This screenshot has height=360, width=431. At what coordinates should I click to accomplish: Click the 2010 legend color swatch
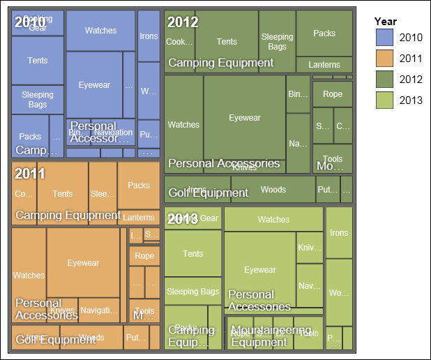coord(385,37)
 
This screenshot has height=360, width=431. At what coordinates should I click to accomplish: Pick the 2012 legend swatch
coord(385,80)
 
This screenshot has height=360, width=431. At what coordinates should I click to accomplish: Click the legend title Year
coord(386,21)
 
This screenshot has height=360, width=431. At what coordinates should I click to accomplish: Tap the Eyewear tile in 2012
coord(244,117)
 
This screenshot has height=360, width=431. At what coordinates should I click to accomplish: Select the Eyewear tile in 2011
coord(83,262)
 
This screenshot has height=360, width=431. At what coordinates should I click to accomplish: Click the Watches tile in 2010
coord(100,30)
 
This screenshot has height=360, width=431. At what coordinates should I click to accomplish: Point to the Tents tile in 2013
coord(192,253)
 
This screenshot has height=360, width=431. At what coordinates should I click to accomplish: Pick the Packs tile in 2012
coord(324,33)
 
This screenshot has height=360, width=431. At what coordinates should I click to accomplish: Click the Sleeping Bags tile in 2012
coord(277,41)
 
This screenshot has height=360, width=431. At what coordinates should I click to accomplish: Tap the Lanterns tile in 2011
coord(138,218)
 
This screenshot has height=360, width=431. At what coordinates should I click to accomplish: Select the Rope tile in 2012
coord(333,93)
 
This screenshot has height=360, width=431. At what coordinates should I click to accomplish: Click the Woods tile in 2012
coord(273,189)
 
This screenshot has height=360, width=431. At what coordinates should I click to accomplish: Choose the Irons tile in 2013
coord(339,232)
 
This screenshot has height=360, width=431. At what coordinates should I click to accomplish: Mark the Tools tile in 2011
coord(144,311)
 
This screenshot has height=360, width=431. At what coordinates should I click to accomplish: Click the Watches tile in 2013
coord(273,219)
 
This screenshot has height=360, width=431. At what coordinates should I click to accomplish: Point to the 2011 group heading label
coord(30,173)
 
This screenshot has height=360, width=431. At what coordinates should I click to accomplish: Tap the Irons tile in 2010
coord(149,36)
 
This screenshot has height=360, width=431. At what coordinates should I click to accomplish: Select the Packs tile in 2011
coord(139,185)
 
